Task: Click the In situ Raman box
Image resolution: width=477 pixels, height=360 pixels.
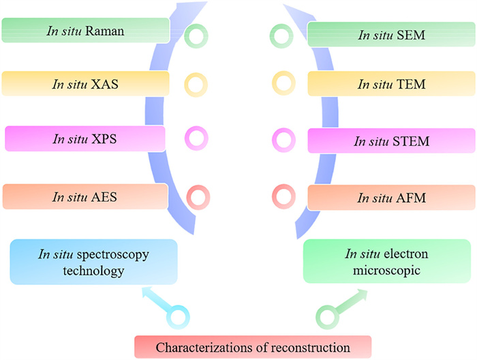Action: (84, 31)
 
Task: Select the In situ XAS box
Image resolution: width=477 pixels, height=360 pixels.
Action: (84, 84)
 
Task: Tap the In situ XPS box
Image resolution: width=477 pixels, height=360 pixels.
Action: (84, 138)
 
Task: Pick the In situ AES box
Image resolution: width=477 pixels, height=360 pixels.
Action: (84, 196)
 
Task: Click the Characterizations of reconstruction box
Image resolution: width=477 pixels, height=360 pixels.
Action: (253, 347)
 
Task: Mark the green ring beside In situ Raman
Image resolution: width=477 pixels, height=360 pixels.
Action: (197, 34)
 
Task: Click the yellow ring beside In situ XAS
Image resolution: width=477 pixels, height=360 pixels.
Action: (196, 85)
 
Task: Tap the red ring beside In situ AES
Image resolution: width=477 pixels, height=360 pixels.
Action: (197, 197)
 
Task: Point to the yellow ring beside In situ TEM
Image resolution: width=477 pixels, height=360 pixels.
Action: (283, 85)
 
